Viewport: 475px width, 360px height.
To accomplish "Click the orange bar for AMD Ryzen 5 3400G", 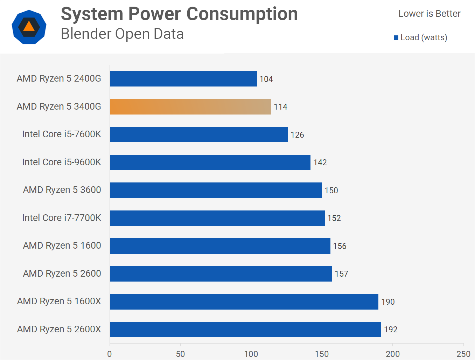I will tap(190, 107).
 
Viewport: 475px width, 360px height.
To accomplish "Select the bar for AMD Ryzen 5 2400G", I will tap(183, 79).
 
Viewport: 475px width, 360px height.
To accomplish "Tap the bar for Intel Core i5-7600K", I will tap(199, 134).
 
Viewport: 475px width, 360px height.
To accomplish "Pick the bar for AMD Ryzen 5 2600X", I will tap(245, 330).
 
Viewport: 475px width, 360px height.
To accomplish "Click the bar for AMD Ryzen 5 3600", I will tap(216, 190).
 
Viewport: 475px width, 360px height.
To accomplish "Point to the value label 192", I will tap(391, 330).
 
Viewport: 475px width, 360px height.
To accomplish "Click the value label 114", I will tap(280, 107).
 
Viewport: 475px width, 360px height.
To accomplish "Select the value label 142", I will tap(320, 162).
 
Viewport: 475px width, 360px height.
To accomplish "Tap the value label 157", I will tap(341, 274).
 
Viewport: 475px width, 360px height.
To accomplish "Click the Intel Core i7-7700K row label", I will tap(62, 218).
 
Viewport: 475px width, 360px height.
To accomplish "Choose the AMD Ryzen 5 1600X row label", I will tap(59, 301).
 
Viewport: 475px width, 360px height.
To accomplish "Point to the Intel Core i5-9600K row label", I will tap(62, 162).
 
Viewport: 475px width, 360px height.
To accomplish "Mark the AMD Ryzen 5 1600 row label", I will tap(62, 245).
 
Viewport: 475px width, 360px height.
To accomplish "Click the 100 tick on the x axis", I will tap(251, 354).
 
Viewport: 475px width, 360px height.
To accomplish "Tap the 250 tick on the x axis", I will tap(463, 354).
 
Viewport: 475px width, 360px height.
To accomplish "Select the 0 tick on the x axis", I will tap(110, 354).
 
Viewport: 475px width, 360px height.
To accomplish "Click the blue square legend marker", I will tap(396, 38).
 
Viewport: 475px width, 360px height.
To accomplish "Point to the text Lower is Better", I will tap(429, 14).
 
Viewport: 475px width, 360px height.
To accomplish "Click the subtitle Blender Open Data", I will tap(122, 34).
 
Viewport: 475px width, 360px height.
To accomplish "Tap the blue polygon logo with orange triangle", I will tap(29, 27).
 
